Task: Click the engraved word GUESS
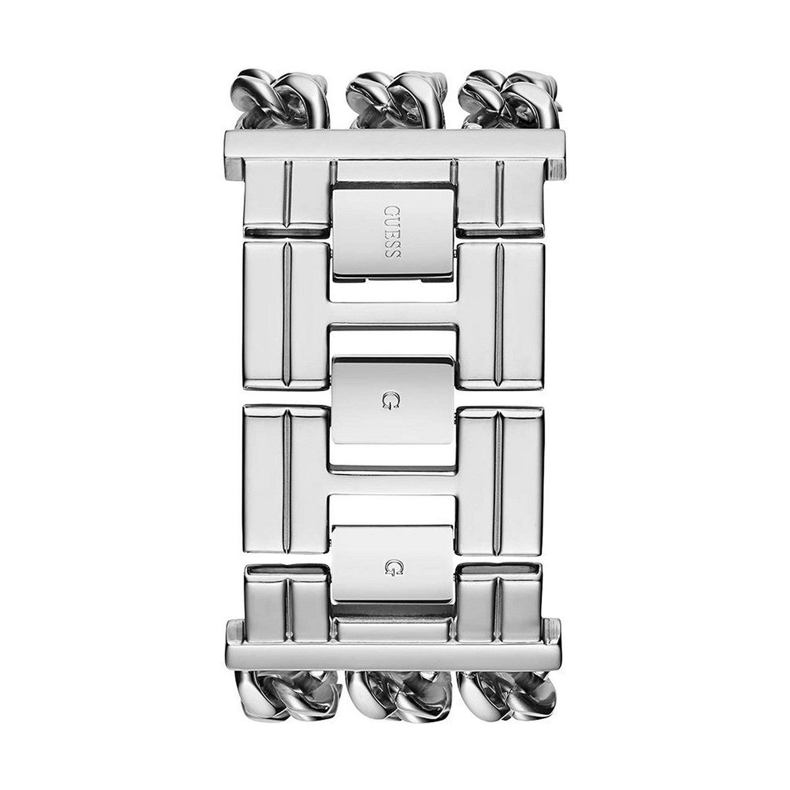[x=392, y=232]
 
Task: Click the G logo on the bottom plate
[x=392, y=567]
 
